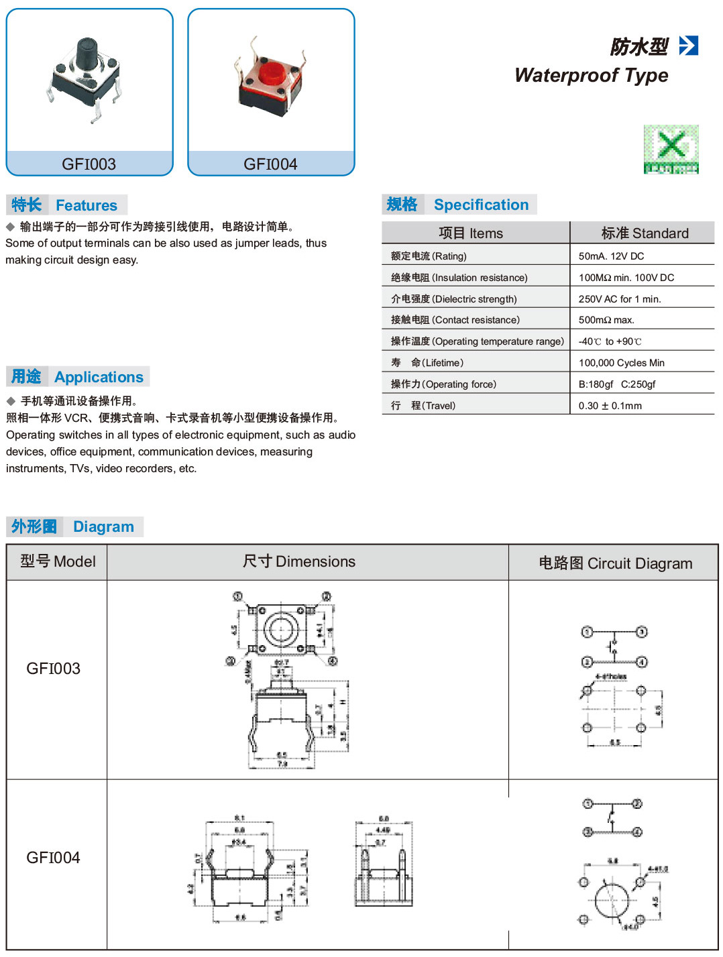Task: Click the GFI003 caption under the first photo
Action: tap(89, 164)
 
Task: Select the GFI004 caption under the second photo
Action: tap(270, 164)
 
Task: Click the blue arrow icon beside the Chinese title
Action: tap(688, 46)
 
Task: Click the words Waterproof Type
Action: tap(591, 75)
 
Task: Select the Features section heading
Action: tap(66, 205)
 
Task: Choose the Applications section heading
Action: tap(78, 377)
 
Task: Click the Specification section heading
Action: tap(459, 205)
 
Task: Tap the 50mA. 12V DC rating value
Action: tap(611, 256)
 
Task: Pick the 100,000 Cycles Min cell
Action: tap(621, 363)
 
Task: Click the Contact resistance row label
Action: tap(455, 320)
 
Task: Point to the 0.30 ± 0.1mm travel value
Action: tap(610, 406)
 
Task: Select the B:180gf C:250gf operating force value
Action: tap(616, 384)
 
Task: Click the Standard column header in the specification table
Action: tap(645, 233)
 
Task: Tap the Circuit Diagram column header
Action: tap(615, 563)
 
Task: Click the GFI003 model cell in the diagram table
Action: tap(54, 669)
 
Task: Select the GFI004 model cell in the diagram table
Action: tap(54, 858)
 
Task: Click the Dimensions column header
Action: tap(299, 562)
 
